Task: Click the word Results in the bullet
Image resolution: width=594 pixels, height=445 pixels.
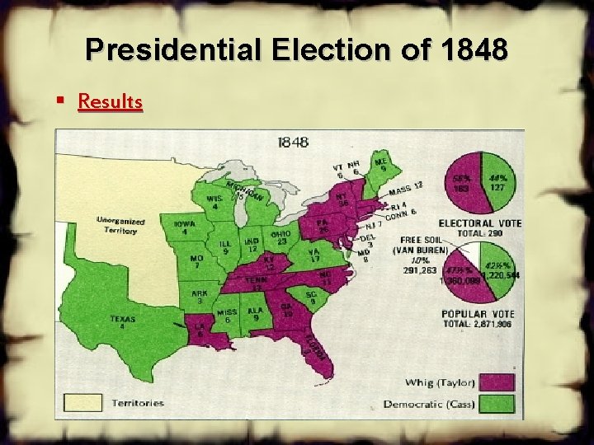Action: tap(110, 101)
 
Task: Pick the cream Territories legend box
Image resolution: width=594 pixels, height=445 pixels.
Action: tap(83, 403)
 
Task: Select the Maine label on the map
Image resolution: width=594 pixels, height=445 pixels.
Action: tap(380, 165)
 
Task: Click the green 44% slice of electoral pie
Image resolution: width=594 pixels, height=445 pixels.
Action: tap(497, 182)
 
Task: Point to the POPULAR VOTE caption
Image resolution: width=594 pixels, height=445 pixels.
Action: tap(478, 314)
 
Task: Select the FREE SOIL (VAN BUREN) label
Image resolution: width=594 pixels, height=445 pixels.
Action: tap(420, 245)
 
